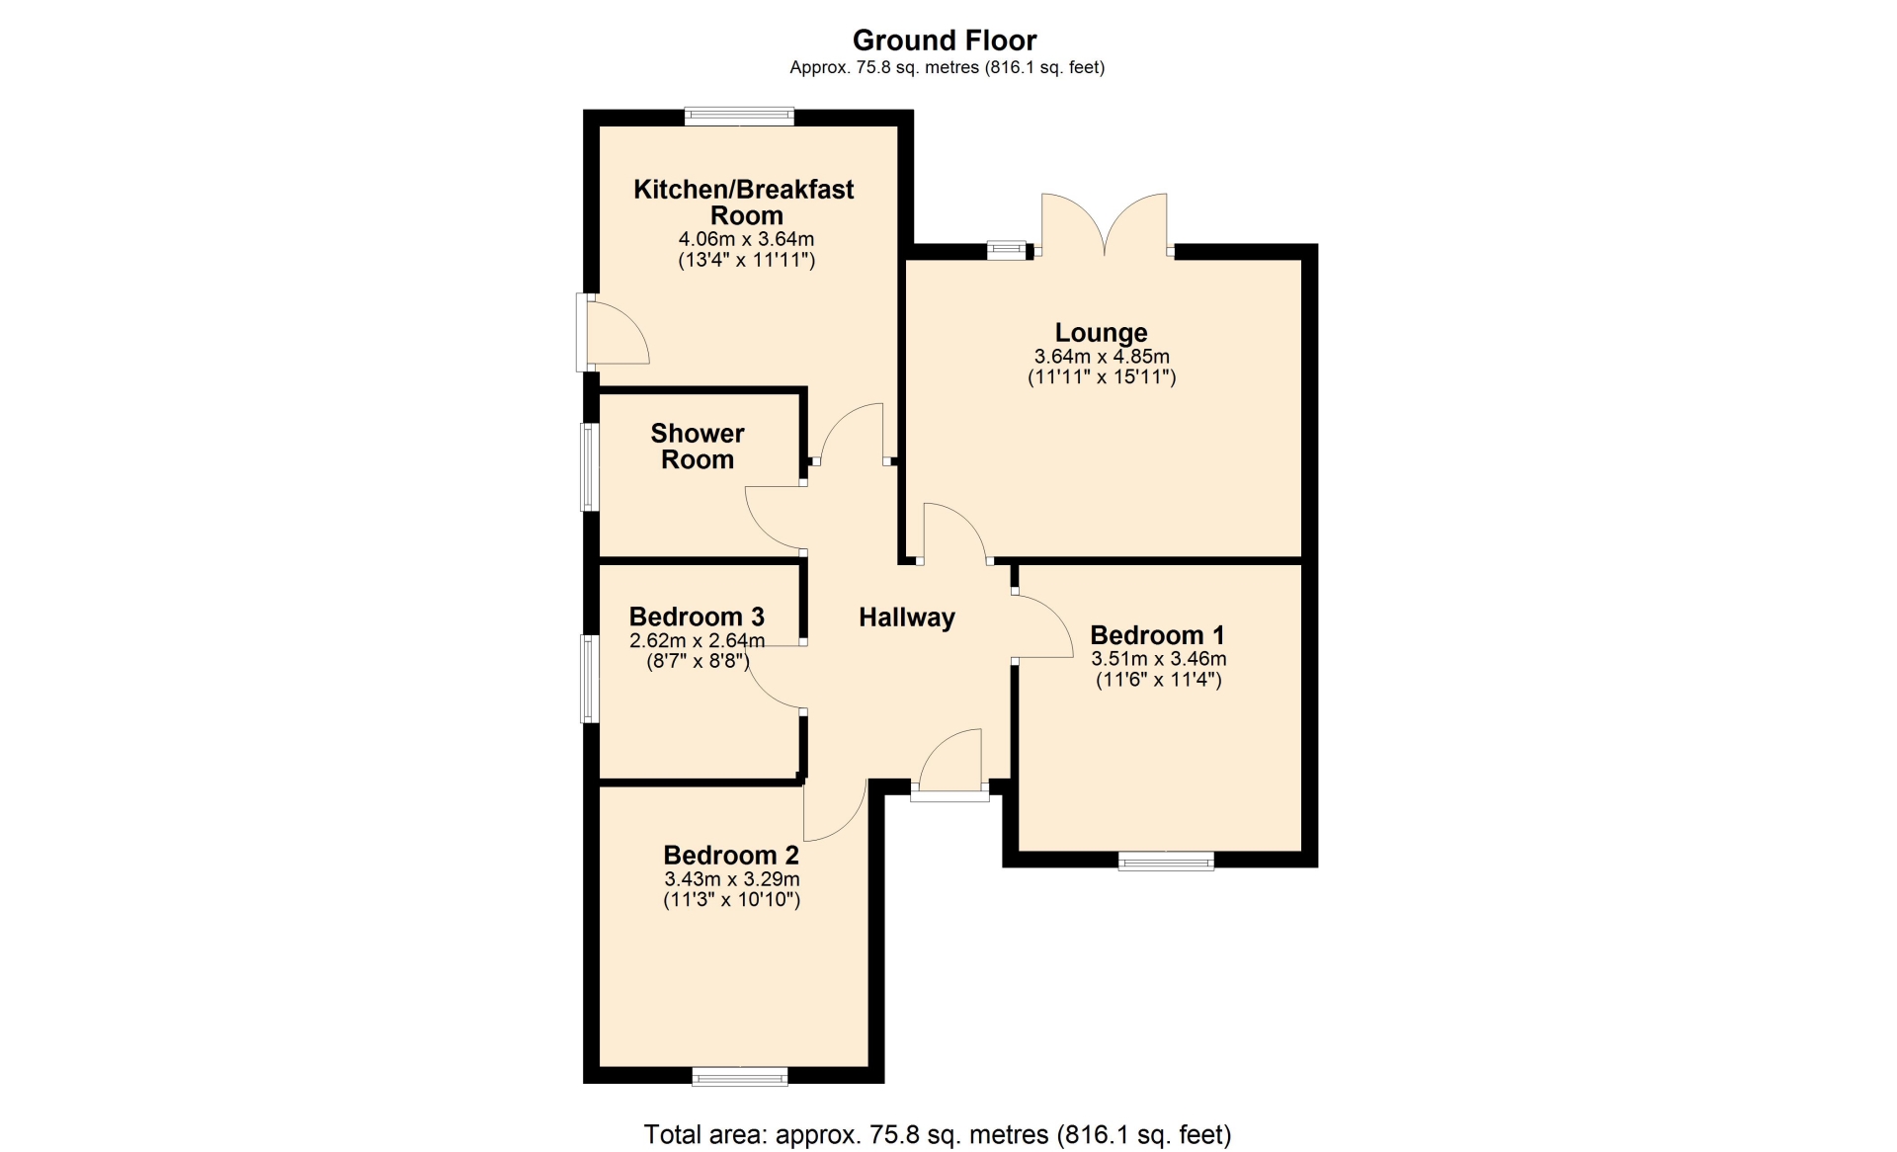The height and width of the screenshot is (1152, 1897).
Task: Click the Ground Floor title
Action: [945, 41]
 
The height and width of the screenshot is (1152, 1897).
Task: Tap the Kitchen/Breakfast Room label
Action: [744, 203]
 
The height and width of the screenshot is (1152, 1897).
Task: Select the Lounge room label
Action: [1102, 333]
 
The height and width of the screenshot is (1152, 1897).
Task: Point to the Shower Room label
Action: [698, 447]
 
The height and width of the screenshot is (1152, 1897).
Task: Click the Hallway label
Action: [907, 617]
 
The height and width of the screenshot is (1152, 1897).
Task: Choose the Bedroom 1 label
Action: [1158, 634]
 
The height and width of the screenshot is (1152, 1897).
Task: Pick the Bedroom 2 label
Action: [731, 855]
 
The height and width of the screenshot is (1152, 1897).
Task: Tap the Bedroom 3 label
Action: [697, 617]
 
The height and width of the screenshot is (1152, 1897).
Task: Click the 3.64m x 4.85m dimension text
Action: [1102, 357]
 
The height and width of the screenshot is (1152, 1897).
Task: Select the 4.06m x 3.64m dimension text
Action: [746, 239]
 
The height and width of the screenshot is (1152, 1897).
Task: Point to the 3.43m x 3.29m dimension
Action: [731, 879]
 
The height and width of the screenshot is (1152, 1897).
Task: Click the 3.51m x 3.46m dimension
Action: [1158, 659]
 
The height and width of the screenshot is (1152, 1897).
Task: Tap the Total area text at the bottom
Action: [938, 1135]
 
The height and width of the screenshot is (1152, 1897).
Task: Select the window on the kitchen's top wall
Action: [739, 116]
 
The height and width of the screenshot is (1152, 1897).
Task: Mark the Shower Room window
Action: [589, 467]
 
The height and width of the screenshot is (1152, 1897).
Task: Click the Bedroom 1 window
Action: [1166, 862]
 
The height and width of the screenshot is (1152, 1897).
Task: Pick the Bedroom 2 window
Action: [740, 1076]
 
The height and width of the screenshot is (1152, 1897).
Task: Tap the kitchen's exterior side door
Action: [613, 332]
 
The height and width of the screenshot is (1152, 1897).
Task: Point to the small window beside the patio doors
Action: [1007, 251]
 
